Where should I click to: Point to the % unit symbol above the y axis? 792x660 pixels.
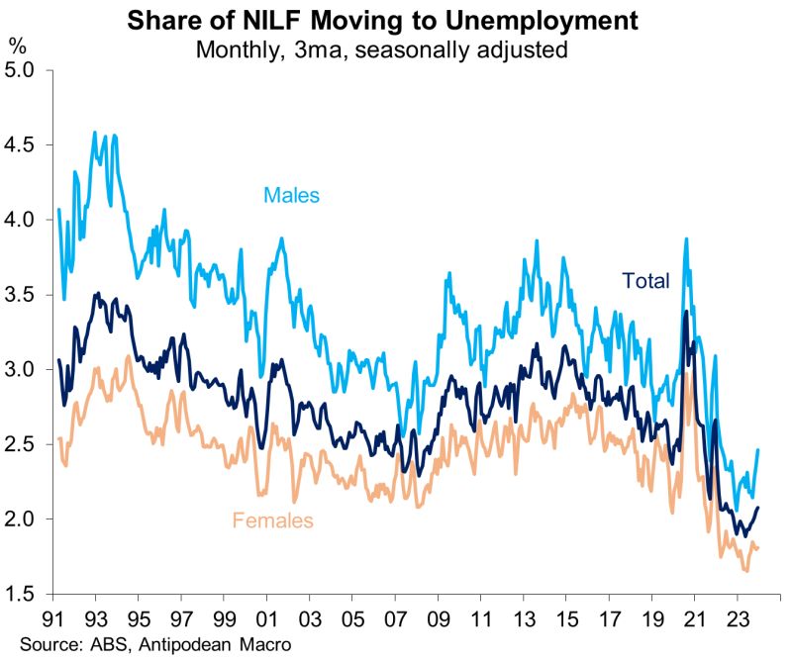click(18, 45)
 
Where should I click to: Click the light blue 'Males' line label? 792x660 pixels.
click(291, 195)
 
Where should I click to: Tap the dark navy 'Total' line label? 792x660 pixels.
click(645, 280)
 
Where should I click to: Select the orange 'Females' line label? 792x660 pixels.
click(272, 519)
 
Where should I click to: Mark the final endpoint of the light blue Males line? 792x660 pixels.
click(757, 450)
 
